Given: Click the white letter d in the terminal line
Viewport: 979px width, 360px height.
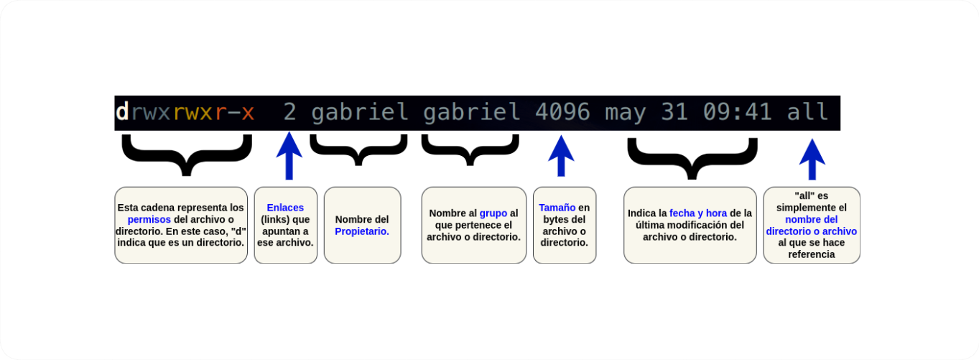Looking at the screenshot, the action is [122, 111].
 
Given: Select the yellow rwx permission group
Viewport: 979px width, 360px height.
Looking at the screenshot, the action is [192, 113].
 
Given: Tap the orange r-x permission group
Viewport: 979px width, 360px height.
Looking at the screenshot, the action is [234, 113].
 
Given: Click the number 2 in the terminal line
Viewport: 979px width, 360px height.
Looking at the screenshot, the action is [289, 112].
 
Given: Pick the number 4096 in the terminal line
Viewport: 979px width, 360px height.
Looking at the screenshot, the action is [562, 112].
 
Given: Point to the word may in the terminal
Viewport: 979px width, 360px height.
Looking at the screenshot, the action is [625, 114].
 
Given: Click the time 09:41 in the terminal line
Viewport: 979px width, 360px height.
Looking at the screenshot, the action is [737, 112].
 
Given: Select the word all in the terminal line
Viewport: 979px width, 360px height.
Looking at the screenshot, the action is [807, 111].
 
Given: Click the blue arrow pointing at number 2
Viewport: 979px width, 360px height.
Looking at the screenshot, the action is [289, 156].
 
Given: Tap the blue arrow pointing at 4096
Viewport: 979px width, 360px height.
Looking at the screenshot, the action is [561, 156].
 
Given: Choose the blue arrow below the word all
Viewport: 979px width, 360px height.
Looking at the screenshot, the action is [812, 160].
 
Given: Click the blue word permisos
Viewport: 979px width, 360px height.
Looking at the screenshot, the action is [149, 219].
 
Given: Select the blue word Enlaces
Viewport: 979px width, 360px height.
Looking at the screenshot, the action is [285, 208].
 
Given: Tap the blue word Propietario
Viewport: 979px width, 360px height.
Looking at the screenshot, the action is [362, 231].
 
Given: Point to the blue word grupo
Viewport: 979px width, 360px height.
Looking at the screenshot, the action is [493, 213].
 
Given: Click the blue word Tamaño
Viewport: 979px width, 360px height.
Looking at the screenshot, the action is [557, 208].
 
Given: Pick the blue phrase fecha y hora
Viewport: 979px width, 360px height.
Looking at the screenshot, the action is [698, 213].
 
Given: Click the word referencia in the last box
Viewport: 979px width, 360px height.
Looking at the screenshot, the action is [811, 254].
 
